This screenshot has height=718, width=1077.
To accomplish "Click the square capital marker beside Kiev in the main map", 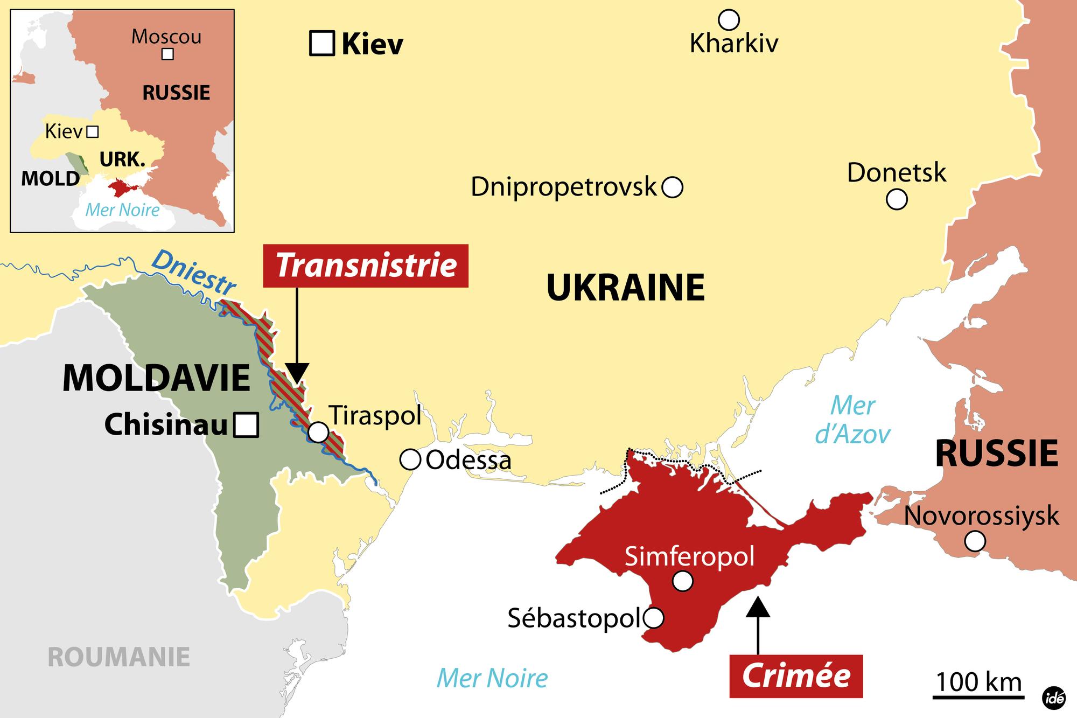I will tap(322, 44).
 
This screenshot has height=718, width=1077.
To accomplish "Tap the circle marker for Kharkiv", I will tap(729, 20).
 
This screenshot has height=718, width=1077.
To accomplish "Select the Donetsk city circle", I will tap(897, 199).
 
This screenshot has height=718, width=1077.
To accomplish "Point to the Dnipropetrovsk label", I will tap(563, 187).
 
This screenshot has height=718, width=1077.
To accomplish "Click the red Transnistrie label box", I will tap(366, 266).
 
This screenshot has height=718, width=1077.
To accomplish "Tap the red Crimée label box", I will tap(796, 676).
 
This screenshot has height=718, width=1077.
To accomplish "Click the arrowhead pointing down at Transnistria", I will tap(297, 373).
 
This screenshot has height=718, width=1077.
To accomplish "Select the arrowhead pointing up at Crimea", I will tap(758, 607).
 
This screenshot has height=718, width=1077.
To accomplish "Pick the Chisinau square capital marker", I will tap(247, 424).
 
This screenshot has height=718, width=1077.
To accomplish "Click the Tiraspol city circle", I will tap(318, 432).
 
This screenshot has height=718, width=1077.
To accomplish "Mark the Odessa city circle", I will tap(410, 460).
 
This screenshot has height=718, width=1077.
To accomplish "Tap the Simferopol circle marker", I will tap(683, 581).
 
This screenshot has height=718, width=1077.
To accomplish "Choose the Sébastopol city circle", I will tap(653, 618).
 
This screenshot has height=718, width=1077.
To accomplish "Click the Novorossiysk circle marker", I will tap(975, 540).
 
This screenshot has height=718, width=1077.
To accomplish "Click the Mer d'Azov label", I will tap(852, 420).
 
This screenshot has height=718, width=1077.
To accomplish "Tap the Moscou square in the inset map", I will tap(168, 54).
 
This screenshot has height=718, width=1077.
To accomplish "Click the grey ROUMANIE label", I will tap(118, 657).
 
